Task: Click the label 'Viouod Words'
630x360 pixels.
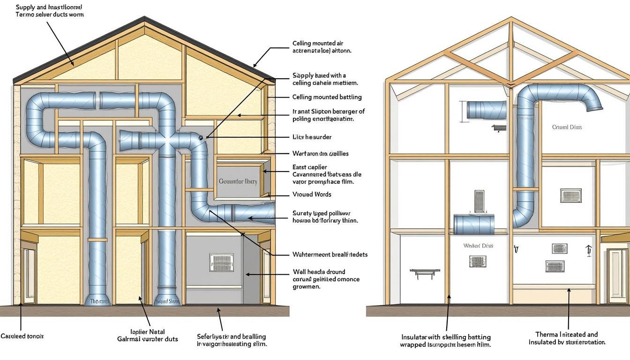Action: tap(312, 194)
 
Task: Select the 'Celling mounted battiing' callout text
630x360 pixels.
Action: tap(327, 97)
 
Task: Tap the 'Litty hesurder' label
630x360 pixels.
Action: tap(312, 137)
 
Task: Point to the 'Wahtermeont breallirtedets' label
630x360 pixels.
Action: tap(330, 255)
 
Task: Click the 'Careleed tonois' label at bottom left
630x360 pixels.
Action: tap(22, 336)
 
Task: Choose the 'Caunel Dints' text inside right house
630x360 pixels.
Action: tap(567, 127)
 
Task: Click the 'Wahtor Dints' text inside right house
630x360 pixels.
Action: tap(478, 246)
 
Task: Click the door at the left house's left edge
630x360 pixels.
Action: tap(29, 275)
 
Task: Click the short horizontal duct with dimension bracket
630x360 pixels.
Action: tap(486, 110)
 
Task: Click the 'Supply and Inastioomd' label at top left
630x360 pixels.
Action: tap(49, 7)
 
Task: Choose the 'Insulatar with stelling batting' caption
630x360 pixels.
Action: tap(446, 337)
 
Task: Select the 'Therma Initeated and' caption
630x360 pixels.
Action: tap(566, 334)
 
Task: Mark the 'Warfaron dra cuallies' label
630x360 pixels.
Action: tap(320, 153)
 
